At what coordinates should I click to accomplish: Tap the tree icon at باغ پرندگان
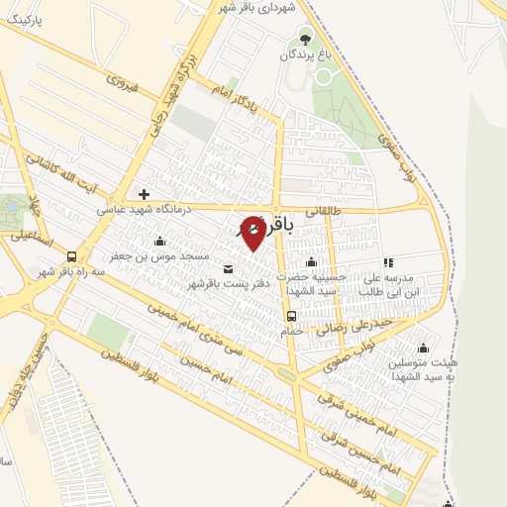304,40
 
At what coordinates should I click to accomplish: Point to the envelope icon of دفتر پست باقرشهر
230,268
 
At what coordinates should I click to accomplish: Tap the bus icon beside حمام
291,316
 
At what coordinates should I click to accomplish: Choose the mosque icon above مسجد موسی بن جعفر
159,241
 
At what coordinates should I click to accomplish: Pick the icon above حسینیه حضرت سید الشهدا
311,261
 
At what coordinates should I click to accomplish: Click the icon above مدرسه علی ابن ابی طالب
388,262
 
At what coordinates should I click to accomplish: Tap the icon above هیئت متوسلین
424,348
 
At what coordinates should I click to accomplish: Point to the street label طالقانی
324,209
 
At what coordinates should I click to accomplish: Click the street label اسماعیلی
30,237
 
